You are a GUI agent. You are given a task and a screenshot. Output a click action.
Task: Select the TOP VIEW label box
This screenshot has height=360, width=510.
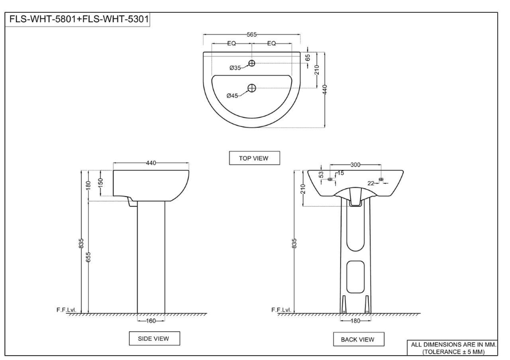pyautogui.click(x=254, y=158)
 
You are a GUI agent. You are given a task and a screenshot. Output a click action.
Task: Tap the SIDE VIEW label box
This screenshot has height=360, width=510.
pyautogui.click(x=155, y=338)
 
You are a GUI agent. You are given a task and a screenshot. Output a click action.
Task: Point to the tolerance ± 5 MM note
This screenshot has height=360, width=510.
pyautogui.click(x=453, y=352)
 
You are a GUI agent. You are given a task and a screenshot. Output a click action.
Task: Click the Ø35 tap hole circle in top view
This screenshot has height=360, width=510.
pyautogui.click(x=252, y=63)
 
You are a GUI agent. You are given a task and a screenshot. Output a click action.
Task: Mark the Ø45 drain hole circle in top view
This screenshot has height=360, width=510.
pyautogui.click(x=252, y=88)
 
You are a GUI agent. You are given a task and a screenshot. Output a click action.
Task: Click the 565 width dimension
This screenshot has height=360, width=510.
pyautogui.click(x=252, y=35)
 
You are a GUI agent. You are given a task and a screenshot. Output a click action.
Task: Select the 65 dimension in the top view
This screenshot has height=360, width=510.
pyautogui.click(x=308, y=57)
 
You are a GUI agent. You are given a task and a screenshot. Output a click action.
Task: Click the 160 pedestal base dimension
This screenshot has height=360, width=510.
pyautogui.click(x=151, y=321)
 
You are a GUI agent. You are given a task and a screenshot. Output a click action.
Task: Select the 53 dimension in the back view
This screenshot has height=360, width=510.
pyautogui.click(x=321, y=174)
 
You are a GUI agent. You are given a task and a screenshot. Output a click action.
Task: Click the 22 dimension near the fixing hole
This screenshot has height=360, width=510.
pyautogui.click(x=371, y=183)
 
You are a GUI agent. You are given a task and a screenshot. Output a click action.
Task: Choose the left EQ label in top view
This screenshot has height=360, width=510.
pyautogui.click(x=232, y=44)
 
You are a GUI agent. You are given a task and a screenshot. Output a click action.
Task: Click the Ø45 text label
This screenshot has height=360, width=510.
pyautogui.click(x=232, y=96)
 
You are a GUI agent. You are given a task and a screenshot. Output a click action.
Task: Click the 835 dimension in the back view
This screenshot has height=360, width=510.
pyautogui.click(x=294, y=243)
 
